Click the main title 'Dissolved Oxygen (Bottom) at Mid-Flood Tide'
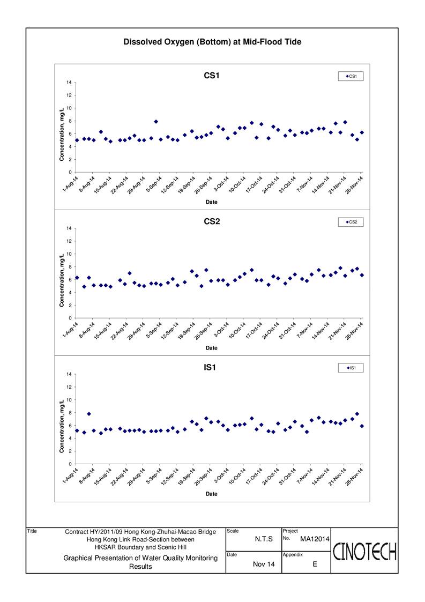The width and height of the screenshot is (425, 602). tap(212, 42)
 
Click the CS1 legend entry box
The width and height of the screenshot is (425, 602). tap(351, 77)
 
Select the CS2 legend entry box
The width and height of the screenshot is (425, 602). tap(351, 222)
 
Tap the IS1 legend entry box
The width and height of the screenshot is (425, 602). tap(351, 368)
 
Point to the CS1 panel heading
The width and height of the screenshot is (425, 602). tap(212, 76)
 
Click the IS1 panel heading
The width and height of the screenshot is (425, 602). tap(210, 367)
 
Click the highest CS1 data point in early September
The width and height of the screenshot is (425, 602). tap(156, 122)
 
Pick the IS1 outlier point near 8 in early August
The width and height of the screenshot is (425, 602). tap(88, 414)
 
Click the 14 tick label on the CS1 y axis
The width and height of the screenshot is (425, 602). tap(69, 83)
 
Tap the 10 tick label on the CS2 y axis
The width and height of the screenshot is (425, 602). tap(69, 254)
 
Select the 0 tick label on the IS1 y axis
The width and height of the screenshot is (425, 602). tap(70, 464)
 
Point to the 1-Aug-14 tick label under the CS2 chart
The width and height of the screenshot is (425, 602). tap(70, 330)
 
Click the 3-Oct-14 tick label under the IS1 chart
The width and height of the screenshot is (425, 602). tap(221, 477)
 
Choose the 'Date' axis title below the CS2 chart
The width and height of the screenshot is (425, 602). tap(212, 348)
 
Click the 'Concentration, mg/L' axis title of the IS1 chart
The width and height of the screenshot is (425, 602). tap(62, 426)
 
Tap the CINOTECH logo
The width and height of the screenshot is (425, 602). tap(364, 552)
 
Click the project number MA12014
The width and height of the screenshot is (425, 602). tap(315, 539)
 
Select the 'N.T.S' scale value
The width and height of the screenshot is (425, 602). tap(264, 539)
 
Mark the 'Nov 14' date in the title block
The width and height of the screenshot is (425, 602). tap(264, 564)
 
